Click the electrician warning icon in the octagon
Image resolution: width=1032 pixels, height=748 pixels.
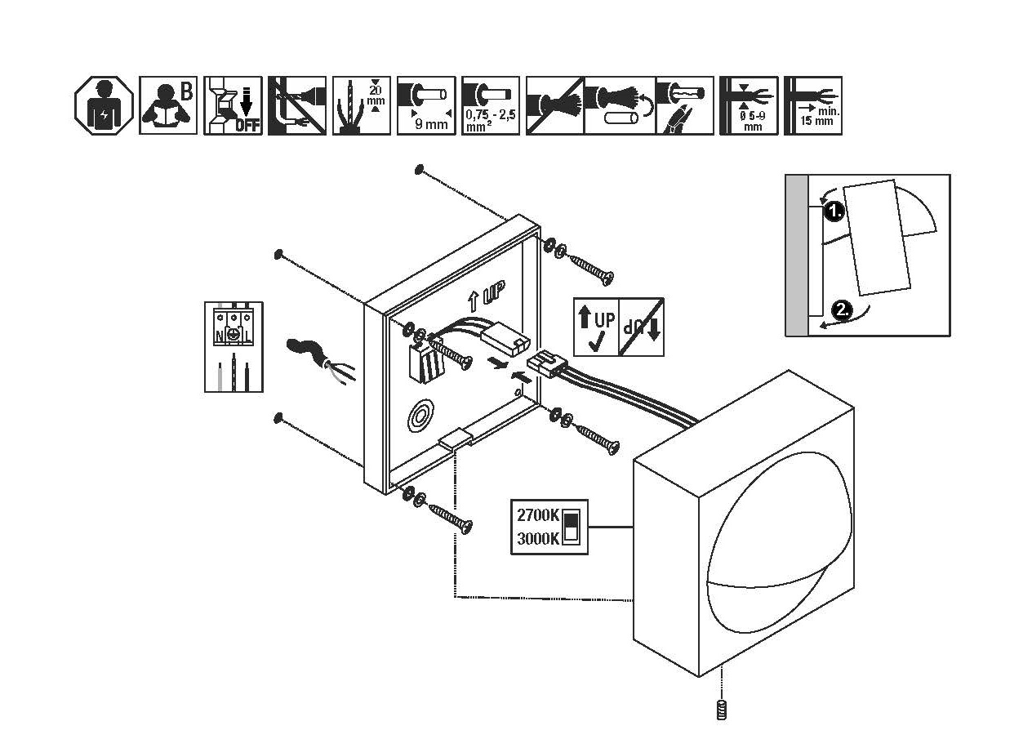click(104, 105)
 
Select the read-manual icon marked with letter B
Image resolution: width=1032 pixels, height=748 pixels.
click(168, 105)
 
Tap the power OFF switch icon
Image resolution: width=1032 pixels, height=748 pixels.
click(233, 105)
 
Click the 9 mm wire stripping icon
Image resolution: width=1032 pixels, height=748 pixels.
click(425, 105)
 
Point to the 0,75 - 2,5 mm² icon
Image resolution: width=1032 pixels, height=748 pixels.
click(490, 105)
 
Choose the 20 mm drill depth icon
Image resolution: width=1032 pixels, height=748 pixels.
click(361, 105)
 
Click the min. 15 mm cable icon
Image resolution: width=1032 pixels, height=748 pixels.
click(812, 105)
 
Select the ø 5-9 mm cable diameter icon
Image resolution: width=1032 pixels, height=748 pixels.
click(748, 105)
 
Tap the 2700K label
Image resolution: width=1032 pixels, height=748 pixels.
click(537, 516)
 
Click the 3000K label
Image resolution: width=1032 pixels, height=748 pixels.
click(537, 538)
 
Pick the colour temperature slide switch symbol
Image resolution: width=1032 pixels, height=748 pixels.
click(572, 527)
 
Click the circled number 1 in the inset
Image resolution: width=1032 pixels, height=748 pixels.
click(833, 212)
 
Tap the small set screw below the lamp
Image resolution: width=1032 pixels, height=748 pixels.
click(721, 710)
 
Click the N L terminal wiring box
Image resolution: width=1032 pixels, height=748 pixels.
click(234, 347)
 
